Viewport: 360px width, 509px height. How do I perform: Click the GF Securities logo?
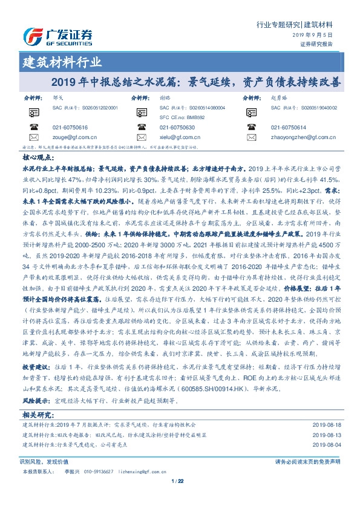(57, 36)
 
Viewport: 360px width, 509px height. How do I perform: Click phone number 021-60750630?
(177, 128)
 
